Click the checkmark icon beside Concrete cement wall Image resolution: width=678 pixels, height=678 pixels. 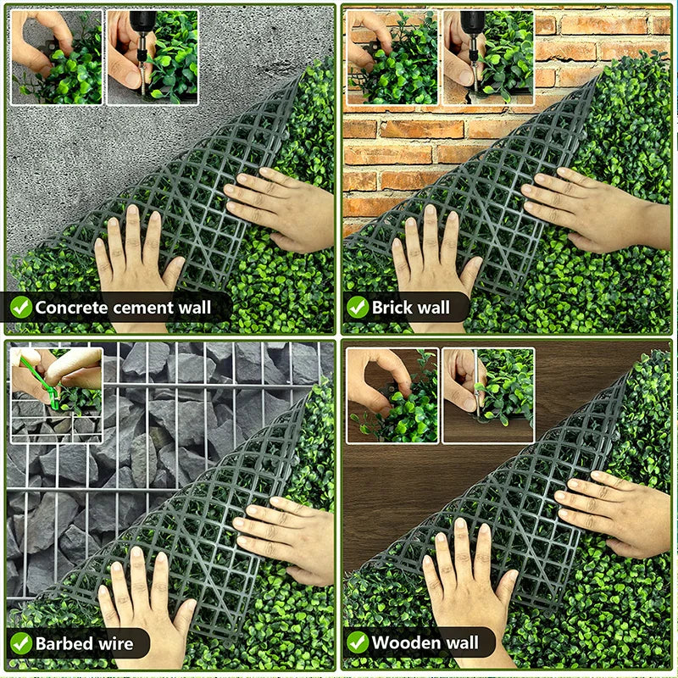click(21, 307)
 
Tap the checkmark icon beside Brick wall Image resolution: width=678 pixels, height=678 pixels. click(358, 307)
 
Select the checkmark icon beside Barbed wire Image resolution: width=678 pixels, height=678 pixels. click(21, 643)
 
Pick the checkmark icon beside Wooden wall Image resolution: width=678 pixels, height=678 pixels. click(358, 642)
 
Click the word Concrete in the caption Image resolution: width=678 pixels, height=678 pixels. click(72, 307)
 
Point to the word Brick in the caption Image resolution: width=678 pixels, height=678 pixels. click(392, 307)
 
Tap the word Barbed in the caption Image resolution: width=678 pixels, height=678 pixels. click(61, 643)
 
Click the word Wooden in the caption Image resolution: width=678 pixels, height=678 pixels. click(402, 642)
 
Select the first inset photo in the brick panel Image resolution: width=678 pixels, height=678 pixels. click(392, 57)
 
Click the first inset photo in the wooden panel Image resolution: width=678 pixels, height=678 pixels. click(392, 395)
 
